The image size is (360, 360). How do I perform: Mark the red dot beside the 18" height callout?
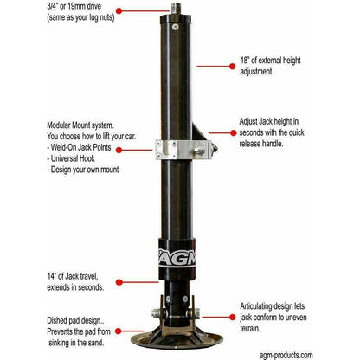[198, 63]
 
